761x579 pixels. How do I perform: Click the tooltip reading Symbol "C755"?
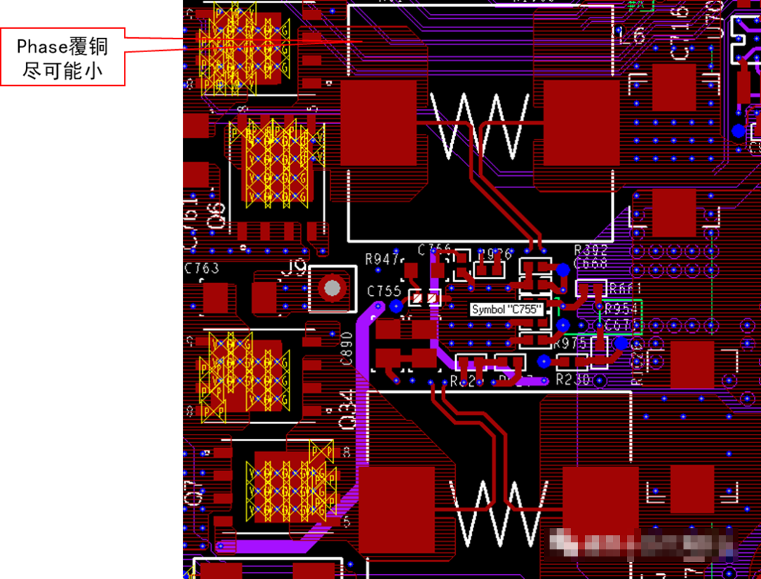click(507, 309)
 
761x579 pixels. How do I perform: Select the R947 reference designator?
click(383, 259)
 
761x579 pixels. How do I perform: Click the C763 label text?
click(202, 268)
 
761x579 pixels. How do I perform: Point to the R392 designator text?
click(590, 250)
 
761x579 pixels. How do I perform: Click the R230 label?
click(572, 379)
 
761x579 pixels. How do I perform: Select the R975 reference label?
click(570, 344)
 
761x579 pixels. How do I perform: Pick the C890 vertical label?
click(346, 348)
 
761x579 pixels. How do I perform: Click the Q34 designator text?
click(348, 412)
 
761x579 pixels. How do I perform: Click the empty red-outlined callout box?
click(62, 56)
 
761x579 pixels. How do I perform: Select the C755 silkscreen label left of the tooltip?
click(384, 291)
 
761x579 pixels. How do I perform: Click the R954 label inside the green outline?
click(621, 309)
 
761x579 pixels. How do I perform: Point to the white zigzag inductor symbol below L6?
click(479, 127)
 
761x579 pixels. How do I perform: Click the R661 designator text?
click(625, 288)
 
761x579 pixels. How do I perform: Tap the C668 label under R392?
click(590, 263)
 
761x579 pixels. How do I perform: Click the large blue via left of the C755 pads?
click(396, 306)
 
